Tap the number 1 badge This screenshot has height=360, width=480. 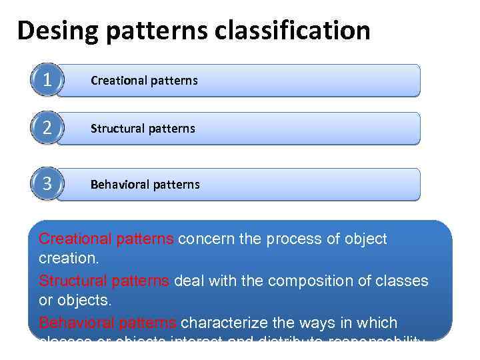[x=46, y=81]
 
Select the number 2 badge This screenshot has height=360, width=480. [x=46, y=128]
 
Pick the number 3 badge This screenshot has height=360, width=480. [x=46, y=184]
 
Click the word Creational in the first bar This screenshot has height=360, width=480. [x=117, y=81]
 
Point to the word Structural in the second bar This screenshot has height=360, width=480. [x=117, y=128]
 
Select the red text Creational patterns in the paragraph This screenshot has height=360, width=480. [x=107, y=239]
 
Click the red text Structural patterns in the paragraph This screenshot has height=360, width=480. [x=104, y=281]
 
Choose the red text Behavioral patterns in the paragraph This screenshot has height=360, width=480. [x=107, y=323]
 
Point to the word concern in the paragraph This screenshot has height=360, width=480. [x=203, y=239]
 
